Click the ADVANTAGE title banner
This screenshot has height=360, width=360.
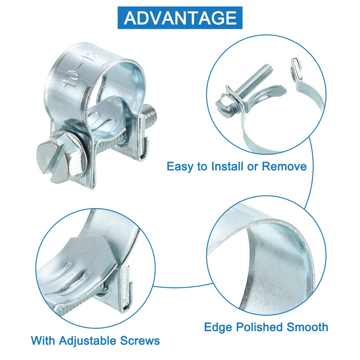tap(180, 18)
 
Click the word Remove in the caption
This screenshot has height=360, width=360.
tap(284, 166)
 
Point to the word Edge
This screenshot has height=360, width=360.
tap(218, 328)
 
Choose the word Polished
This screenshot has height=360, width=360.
tap(259, 327)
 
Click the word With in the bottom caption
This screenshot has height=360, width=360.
tap(43, 340)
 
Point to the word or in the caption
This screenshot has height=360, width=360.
tap(253, 167)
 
